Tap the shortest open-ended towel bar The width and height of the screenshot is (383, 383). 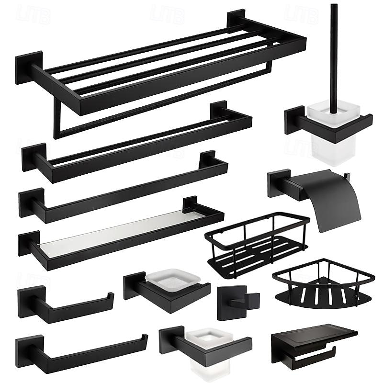[67, 304]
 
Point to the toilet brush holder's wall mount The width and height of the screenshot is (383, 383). [293, 120]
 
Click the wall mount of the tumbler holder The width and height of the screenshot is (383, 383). [170, 340]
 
